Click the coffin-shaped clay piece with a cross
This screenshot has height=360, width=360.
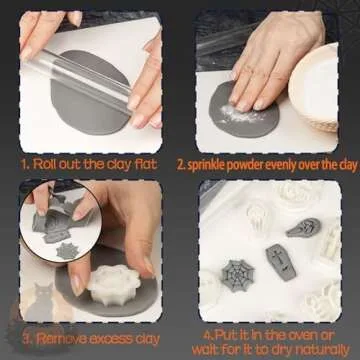[276, 262]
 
